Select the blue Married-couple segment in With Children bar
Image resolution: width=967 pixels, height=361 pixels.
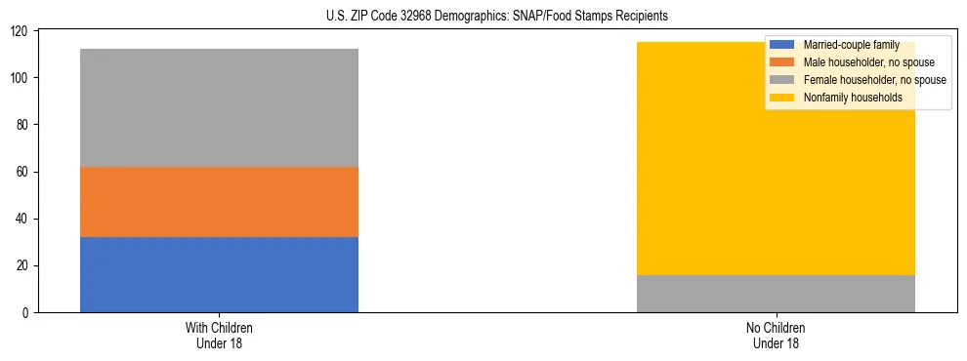tap(219, 274)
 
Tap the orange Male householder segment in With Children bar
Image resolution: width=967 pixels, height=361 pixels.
tap(219, 202)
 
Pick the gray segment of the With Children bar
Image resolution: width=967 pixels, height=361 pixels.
tap(219, 107)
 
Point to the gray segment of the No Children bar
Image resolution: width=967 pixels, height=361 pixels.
tap(776, 294)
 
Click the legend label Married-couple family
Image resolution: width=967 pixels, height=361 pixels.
tap(851, 45)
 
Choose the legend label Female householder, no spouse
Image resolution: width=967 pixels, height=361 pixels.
tap(874, 80)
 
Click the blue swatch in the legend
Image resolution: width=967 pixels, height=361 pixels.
tap(782, 45)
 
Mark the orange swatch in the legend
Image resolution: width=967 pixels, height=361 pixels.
tap(782, 62)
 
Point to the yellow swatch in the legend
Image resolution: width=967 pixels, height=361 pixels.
tap(782, 98)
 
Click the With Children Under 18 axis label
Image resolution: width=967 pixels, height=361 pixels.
tap(219, 335)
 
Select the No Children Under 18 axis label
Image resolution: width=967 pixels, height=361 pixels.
tap(776, 335)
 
